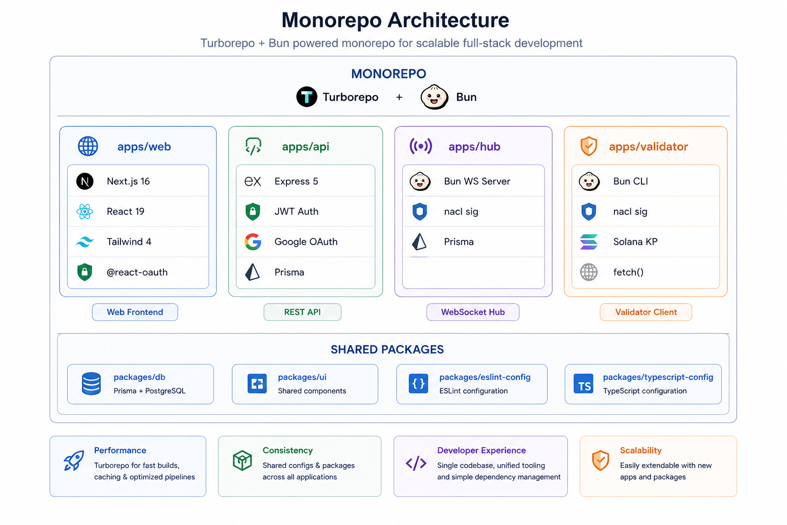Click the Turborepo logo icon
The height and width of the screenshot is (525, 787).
pyautogui.click(x=307, y=97)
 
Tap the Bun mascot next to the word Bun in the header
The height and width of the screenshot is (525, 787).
pyautogui.click(x=434, y=97)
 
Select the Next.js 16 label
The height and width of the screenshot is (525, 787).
pyautogui.click(x=128, y=181)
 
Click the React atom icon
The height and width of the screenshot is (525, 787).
pyautogui.click(x=85, y=212)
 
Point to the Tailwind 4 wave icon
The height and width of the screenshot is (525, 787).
pyautogui.click(x=85, y=242)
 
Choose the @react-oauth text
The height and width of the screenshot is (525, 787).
pyautogui.click(x=137, y=272)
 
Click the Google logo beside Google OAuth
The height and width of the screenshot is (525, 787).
pyautogui.click(x=253, y=242)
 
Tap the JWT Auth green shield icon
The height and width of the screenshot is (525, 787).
pyautogui.click(x=253, y=212)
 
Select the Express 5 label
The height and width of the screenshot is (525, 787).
pyautogui.click(x=296, y=181)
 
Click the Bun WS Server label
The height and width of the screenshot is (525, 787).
pyautogui.click(x=477, y=181)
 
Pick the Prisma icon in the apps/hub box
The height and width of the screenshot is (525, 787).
pyautogui.click(x=419, y=242)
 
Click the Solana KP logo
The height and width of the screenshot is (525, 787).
pyautogui.click(x=589, y=242)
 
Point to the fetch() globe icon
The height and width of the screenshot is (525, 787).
pyautogui.click(x=589, y=272)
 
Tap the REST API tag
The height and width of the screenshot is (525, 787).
pyautogui.click(x=302, y=312)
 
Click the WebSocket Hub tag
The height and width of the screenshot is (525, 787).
pyautogui.click(x=473, y=312)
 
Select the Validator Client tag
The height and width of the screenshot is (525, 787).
pyautogui.click(x=646, y=312)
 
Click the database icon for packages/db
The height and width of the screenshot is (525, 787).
pyautogui.click(x=91, y=383)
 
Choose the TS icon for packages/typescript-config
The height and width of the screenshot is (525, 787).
pyautogui.click(x=584, y=383)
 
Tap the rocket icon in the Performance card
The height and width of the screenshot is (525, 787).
pyautogui.click(x=74, y=460)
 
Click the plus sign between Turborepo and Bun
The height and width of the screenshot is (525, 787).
pyautogui.click(x=399, y=97)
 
